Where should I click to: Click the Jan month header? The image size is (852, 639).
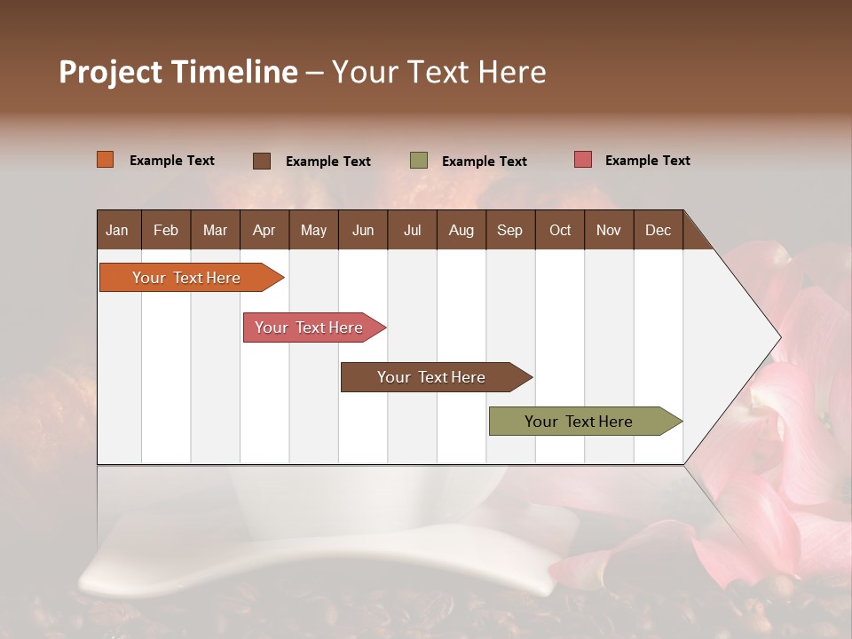click(118, 230)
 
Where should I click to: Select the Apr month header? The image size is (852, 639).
click(264, 230)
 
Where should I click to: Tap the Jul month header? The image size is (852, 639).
click(413, 230)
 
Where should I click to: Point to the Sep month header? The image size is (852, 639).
click(509, 230)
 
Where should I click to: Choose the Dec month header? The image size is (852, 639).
click(658, 230)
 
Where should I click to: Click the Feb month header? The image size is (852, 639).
click(166, 230)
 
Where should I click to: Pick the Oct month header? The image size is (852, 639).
click(560, 230)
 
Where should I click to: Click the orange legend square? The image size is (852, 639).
click(106, 160)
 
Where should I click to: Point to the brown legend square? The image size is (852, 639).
click(262, 161)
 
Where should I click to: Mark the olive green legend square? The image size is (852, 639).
click(419, 161)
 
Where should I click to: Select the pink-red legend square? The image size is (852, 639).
click(583, 160)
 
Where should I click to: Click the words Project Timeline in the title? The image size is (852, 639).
click(178, 72)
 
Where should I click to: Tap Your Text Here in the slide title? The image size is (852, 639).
click(439, 72)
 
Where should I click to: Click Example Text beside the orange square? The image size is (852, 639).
click(172, 161)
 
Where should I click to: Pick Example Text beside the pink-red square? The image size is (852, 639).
click(648, 161)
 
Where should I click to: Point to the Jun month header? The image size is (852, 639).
click(363, 230)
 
